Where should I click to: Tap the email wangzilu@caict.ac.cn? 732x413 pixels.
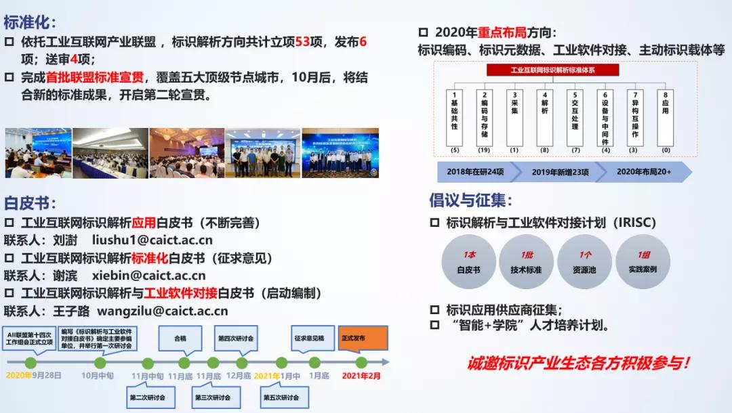(x=163, y=311)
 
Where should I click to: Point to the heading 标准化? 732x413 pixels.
(x=30, y=22)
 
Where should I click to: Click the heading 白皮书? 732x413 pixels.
(x=30, y=202)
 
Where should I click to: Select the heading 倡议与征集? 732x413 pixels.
(x=470, y=200)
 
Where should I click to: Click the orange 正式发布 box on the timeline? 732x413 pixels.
(x=363, y=338)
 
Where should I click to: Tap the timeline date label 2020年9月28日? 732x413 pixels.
(x=34, y=375)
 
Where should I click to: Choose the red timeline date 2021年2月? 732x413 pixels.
(x=361, y=375)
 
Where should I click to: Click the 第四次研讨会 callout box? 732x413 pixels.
(x=236, y=338)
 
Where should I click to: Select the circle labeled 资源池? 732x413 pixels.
(x=584, y=262)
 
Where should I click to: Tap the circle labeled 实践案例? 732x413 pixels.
(x=643, y=262)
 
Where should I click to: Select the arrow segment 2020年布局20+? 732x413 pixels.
(x=643, y=172)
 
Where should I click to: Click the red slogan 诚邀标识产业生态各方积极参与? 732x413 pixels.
(x=578, y=363)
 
